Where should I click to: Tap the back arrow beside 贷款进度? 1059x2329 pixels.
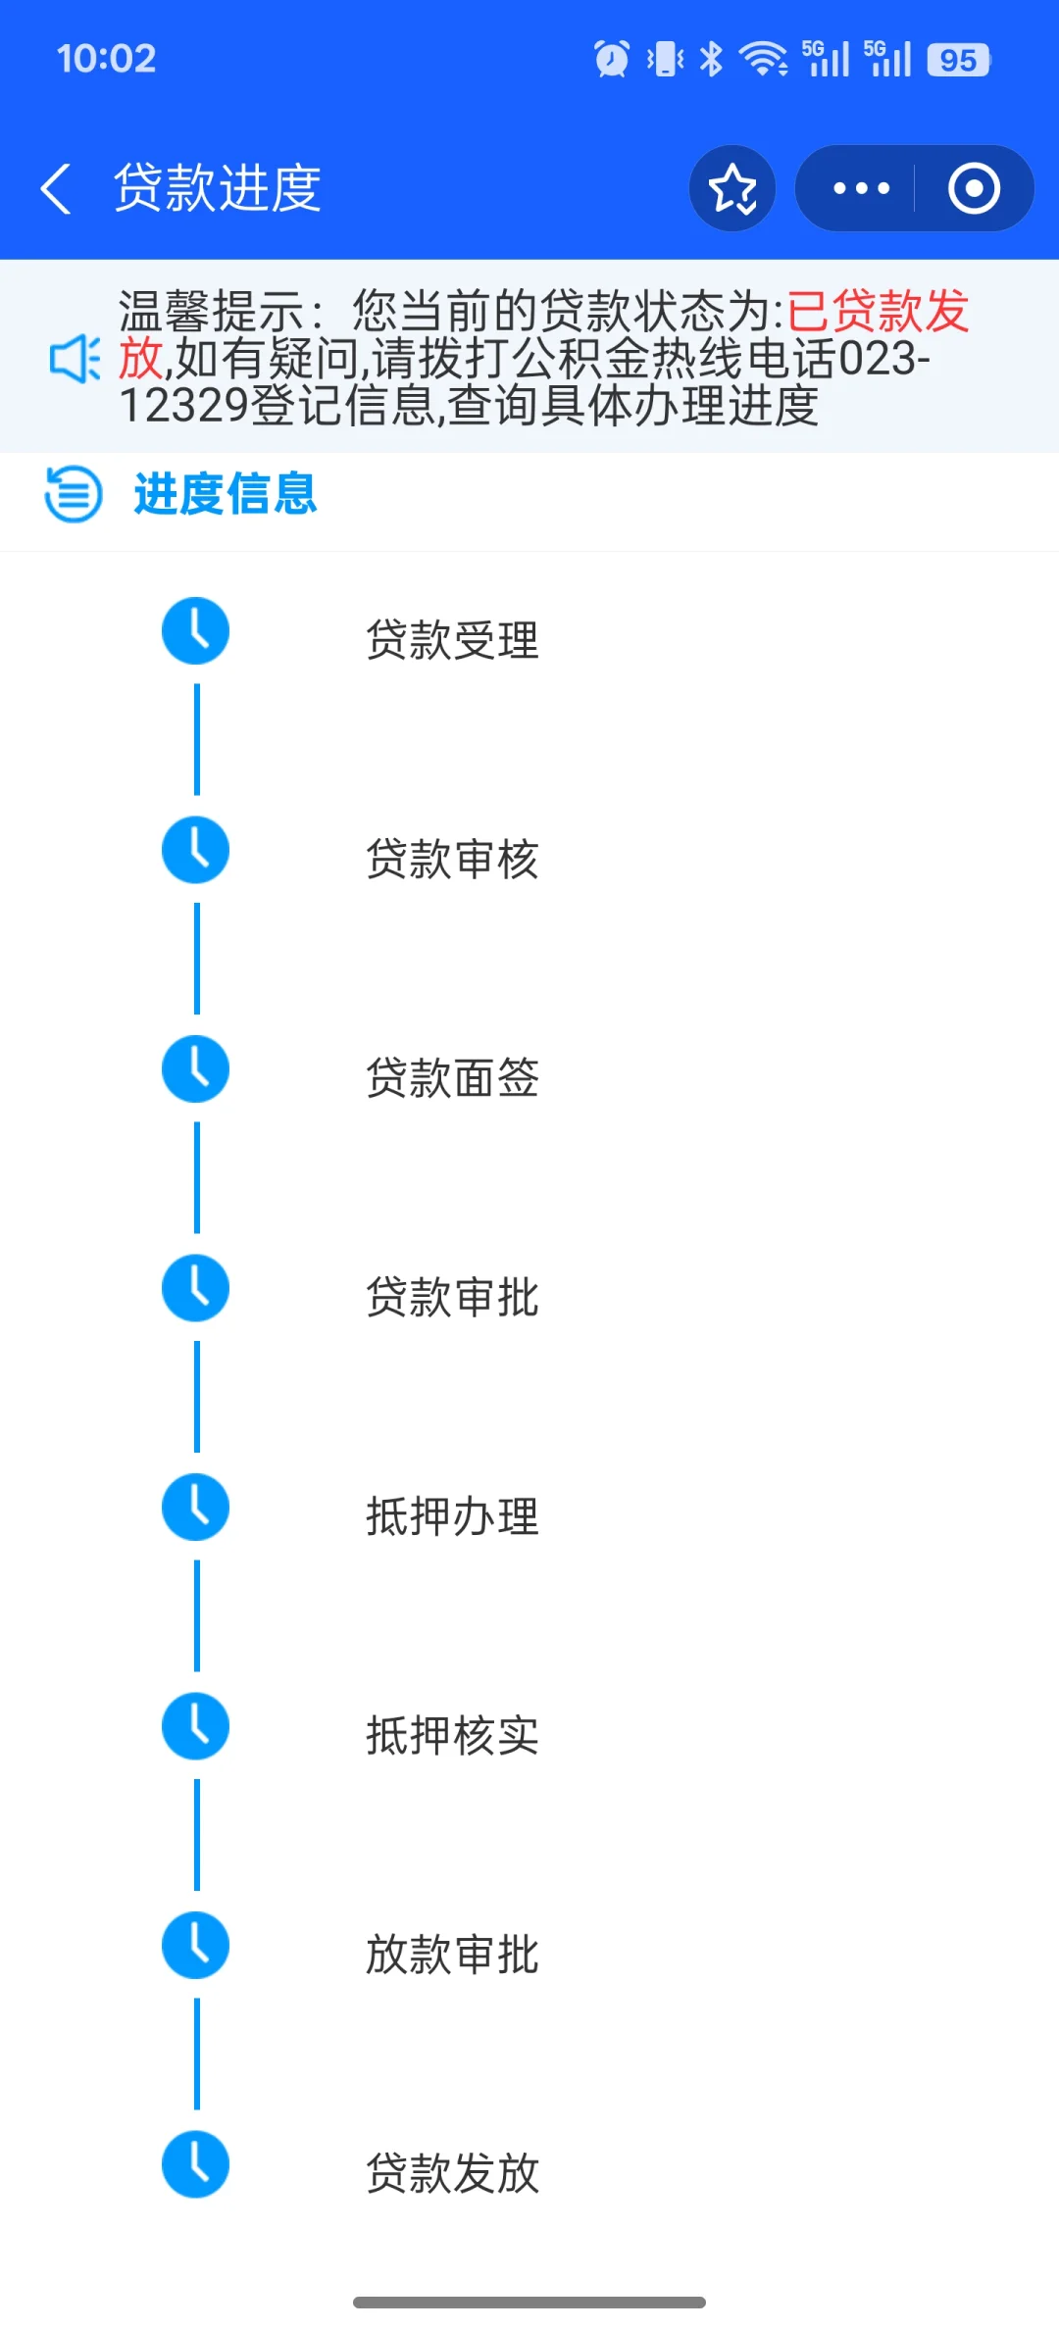(x=56, y=188)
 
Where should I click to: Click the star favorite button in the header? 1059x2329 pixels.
(x=732, y=188)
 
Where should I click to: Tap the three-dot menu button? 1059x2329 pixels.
(x=861, y=188)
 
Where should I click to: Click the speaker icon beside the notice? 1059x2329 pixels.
(x=75, y=359)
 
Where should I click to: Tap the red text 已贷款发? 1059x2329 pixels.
(x=878, y=312)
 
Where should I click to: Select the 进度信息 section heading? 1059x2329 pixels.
(x=226, y=494)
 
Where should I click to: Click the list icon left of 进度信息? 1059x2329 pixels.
(x=74, y=494)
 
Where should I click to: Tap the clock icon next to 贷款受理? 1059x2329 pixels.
(x=196, y=631)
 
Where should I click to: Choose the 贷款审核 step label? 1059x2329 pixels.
(x=452, y=860)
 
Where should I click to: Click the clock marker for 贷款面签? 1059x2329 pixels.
(x=196, y=1069)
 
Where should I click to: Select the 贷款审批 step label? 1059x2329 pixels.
(x=452, y=1298)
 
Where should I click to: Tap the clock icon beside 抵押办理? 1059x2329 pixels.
(x=196, y=1508)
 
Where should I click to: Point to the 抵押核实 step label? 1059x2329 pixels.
(x=452, y=1736)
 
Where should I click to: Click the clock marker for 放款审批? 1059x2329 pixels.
(x=196, y=1946)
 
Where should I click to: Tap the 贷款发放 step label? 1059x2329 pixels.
(x=452, y=2174)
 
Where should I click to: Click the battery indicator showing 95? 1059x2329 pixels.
(x=958, y=60)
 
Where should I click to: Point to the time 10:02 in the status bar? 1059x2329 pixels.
(x=106, y=59)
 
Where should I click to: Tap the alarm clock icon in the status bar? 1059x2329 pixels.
(x=612, y=59)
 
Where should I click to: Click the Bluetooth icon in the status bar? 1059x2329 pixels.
(x=712, y=59)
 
